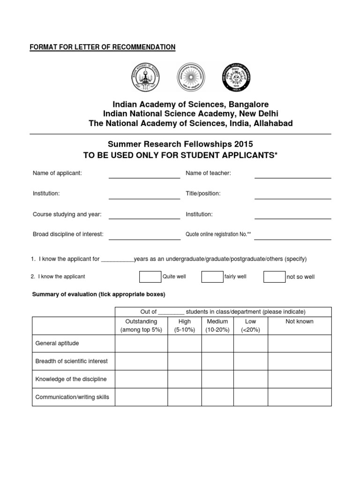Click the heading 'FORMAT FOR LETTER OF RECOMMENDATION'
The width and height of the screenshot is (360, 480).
pos(102,47)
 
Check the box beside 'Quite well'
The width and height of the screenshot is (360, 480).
pos(150,277)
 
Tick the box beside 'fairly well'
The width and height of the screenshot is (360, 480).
pos(212,277)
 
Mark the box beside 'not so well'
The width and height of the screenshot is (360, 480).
pos(274,277)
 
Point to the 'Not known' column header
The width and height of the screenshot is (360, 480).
pos(300,322)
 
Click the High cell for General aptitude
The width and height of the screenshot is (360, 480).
pos(185,344)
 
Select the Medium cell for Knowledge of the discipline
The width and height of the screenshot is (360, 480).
pos(217,379)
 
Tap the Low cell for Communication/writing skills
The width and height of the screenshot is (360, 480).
pos(250,397)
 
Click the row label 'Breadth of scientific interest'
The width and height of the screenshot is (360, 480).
pos(71,361)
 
